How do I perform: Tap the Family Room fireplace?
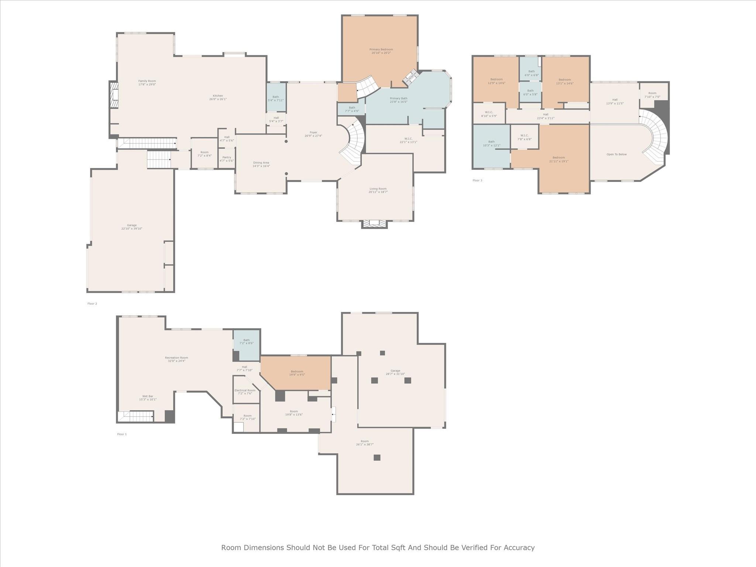[x=114, y=95]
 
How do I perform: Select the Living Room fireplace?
[x=374, y=224]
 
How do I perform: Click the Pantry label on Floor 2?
[x=227, y=158]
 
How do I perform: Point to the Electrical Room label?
[x=245, y=391]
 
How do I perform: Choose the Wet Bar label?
[x=148, y=396]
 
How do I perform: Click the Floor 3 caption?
[x=477, y=181]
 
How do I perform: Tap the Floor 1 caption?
[x=122, y=434]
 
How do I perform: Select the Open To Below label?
[x=616, y=154]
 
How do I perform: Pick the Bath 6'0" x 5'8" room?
[x=530, y=92]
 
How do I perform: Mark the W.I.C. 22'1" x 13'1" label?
[x=408, y=140]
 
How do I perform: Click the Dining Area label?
[x=261, y=163]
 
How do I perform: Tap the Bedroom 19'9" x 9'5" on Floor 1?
[x=297, y=373]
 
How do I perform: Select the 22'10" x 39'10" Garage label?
[x=132, y=227]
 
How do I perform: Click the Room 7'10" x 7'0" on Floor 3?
[x=652, y=95]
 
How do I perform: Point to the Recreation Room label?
[x=176, y=358]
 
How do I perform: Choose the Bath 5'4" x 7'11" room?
[x=276, y=99]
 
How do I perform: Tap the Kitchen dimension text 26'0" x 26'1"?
[x=218, y=99]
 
